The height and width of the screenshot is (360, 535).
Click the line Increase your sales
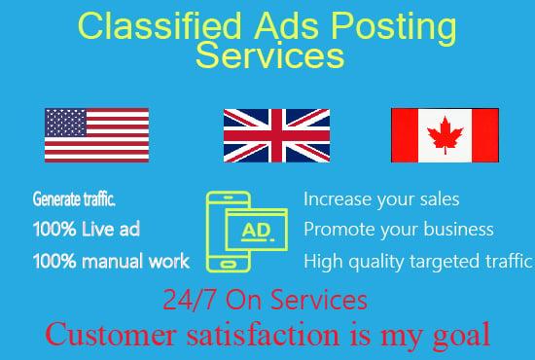coord(381,199)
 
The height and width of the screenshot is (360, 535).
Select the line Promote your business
coord(399,231)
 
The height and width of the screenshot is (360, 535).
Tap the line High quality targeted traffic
coord(418,261)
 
